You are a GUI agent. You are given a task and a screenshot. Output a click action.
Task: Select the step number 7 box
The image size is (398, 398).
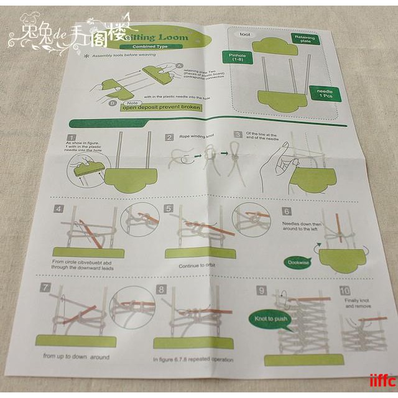pos(45,287)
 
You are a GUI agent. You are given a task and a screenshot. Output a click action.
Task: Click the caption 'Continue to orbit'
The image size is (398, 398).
pos(197,266)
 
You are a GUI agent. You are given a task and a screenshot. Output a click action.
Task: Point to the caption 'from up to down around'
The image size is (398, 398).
pos(76,356)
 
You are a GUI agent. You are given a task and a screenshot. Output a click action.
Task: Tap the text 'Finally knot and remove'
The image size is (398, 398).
pos(357,303)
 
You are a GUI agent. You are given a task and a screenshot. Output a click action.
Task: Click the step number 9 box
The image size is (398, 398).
pos(261,290)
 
